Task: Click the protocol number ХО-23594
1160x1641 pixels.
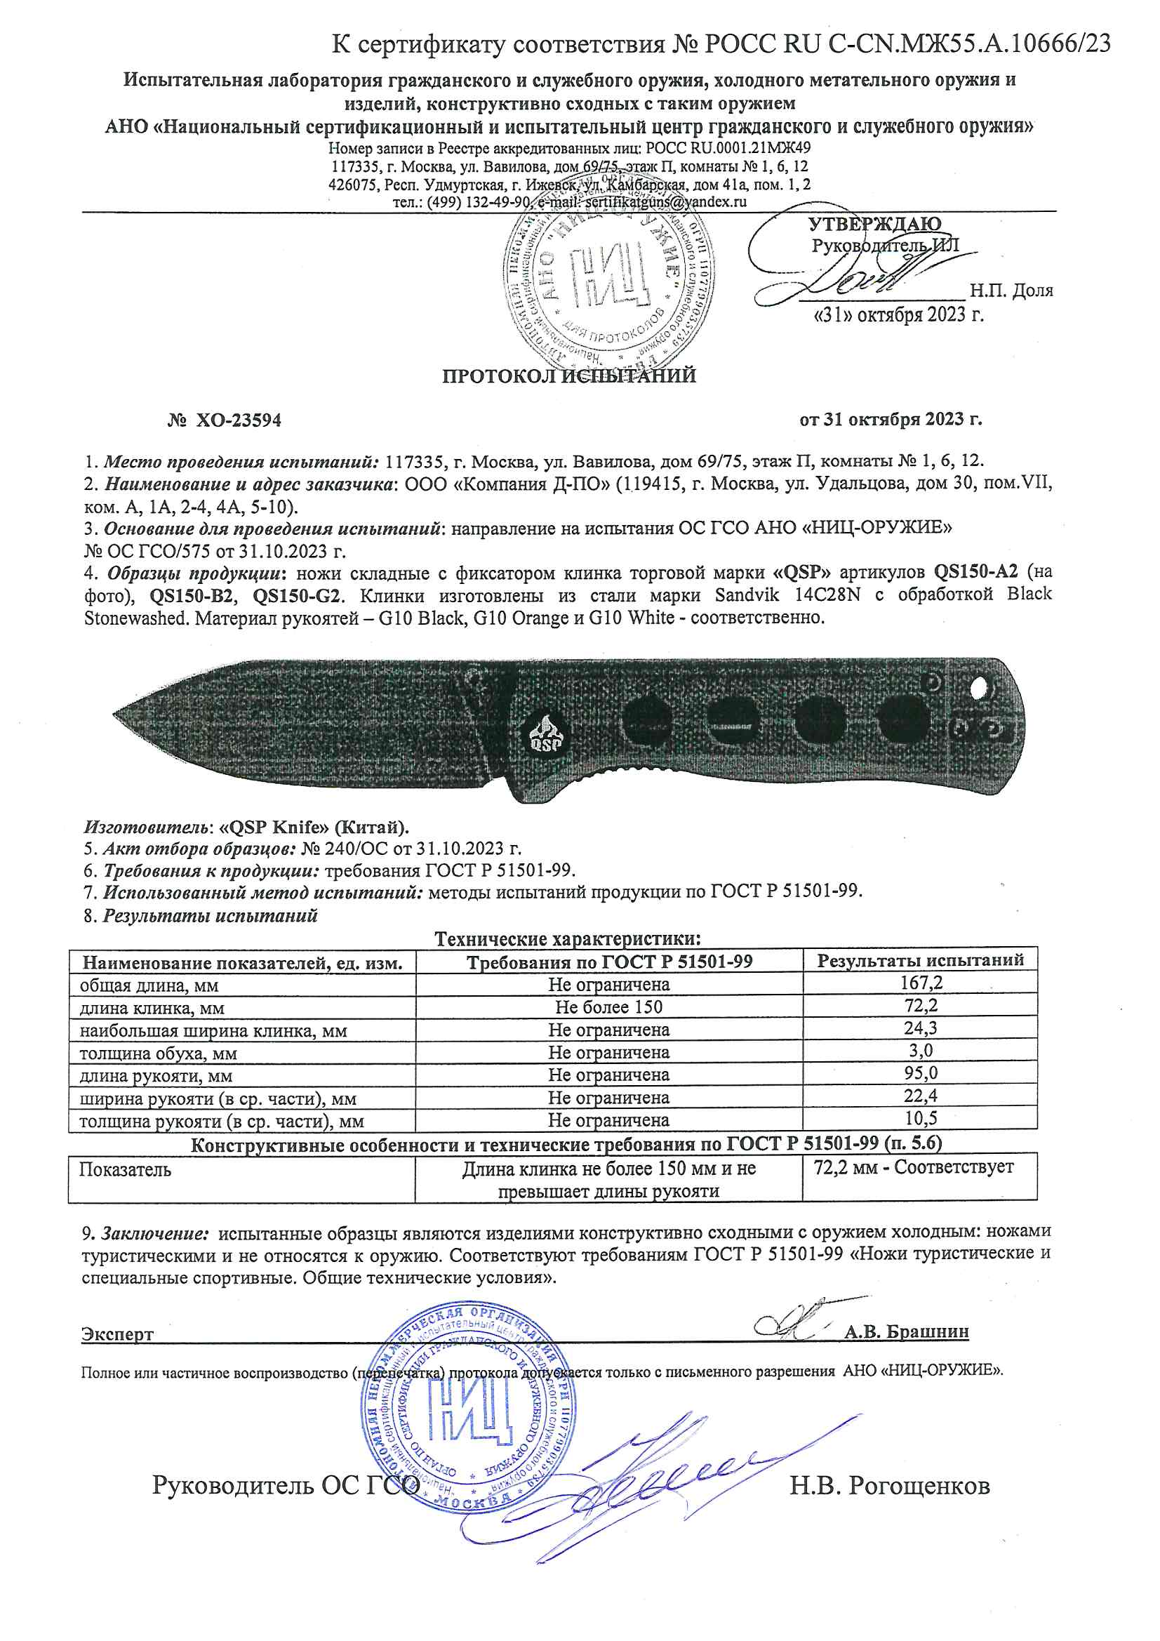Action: tap(238, 420)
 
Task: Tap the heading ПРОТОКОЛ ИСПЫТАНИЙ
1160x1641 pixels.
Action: tap(569, 376)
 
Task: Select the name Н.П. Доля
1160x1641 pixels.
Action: tap(1011, 290)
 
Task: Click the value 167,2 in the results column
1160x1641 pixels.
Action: tap(921, 983)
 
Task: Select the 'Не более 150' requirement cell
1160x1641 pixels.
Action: tap(609, 1006)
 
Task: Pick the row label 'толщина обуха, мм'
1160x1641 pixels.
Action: tap(159, 1053)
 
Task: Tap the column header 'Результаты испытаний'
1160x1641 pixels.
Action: tap(921, 961)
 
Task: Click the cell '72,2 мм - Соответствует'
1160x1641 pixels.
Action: tap(914, 1167)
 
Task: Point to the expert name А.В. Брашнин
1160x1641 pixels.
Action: tap(906, 1331)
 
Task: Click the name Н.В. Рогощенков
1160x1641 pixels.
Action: tap(889, 1486)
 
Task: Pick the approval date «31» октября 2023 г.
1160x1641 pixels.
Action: tap(898, 314)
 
